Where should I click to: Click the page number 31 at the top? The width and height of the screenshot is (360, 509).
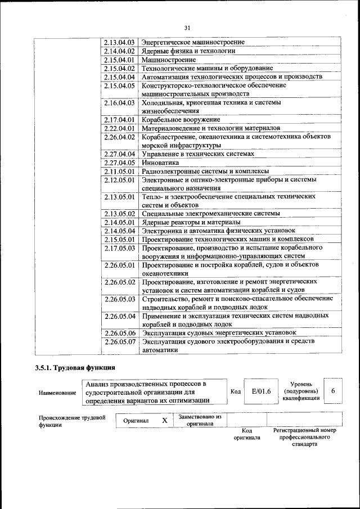pos(187,28)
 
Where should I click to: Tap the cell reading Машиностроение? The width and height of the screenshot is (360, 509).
pos(168,59)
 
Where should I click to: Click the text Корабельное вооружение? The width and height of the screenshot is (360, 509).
pos(181,120)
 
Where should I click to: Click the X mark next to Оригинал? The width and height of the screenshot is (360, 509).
pos(164,420)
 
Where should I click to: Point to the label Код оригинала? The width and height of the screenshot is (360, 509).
pos(247,434)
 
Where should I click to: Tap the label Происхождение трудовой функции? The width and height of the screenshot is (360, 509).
pos(72,421)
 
